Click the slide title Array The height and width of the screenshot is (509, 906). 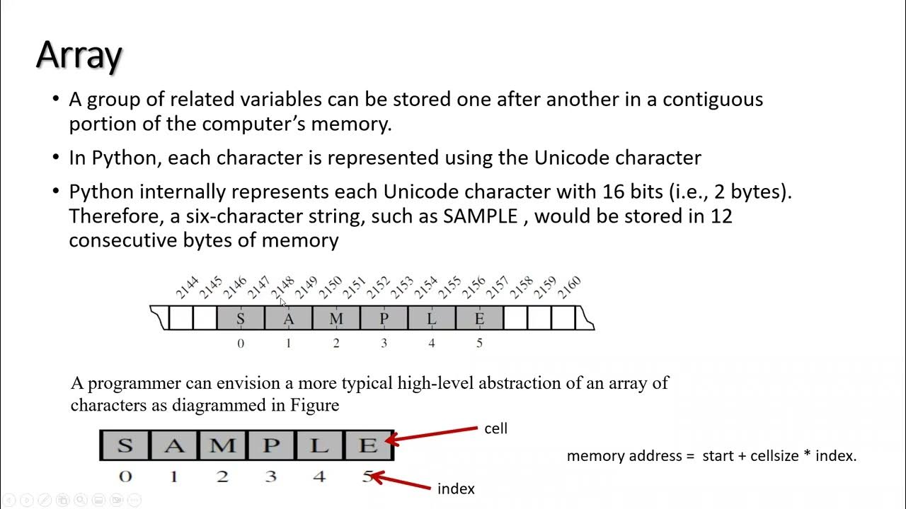79,54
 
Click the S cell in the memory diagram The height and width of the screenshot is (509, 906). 241,319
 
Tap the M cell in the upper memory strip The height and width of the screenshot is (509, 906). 336,319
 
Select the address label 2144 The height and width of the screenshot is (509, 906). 187,287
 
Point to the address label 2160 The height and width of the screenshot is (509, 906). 569,287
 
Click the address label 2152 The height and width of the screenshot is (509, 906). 378,287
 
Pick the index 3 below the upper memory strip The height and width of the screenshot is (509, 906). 384,344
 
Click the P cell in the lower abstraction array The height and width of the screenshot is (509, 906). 271,446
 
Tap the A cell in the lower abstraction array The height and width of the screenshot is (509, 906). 173,446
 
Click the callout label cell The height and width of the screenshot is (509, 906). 495,428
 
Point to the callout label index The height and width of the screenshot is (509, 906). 456,488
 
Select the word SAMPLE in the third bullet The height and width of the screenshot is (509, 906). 481,216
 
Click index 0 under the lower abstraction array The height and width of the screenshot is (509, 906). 125,476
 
